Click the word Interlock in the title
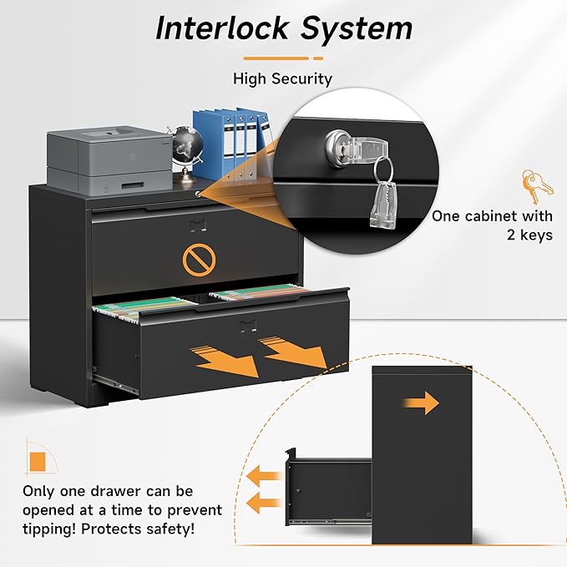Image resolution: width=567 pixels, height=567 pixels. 223,28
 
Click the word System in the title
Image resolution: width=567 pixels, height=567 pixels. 357,30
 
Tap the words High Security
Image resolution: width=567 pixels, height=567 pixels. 282,78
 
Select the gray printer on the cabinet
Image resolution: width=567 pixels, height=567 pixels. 109,160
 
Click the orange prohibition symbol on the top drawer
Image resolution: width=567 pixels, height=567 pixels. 199,260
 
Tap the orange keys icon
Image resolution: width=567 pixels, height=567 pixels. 537,186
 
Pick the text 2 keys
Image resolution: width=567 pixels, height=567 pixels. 529,235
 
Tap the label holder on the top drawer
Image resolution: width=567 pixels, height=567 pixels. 198,226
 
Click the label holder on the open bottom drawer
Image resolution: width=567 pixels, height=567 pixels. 249,327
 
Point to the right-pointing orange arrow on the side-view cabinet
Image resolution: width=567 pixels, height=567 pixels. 421,402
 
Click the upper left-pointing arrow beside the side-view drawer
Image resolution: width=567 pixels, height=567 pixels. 264,476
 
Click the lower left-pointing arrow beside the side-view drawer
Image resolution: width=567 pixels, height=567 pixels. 264,503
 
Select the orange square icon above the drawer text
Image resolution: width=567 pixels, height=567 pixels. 38,462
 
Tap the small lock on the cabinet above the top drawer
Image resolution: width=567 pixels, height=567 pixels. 198,195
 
